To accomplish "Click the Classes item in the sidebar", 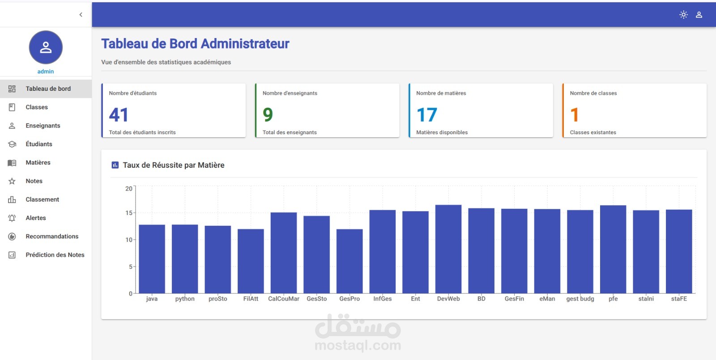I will tap(37, 107).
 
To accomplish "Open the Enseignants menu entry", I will tap(43, 126).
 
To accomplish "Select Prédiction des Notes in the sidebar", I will tap(55, 255).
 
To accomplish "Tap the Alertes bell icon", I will tap(12, 218).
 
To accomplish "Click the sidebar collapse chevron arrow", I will tap(81, 15).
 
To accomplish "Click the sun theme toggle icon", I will tap(683, 15).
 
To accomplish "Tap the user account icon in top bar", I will tap(699, 15).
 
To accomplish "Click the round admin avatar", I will tap(46, 47).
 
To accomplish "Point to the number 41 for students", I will tap(119, 115).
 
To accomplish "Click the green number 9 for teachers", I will tap(268, 115).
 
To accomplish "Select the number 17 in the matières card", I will tap(427, 115).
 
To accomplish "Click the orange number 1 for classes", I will tap(575, 115).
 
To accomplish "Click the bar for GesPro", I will tap(349, 261).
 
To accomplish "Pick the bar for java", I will tap(152, 259).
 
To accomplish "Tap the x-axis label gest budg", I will tap(580, 299).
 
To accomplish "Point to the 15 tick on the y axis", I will tap(129, 213).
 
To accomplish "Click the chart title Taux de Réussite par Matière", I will tap(174, 165).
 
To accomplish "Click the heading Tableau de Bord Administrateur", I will tap(195, 44).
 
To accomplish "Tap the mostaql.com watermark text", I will tap(358, 345).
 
